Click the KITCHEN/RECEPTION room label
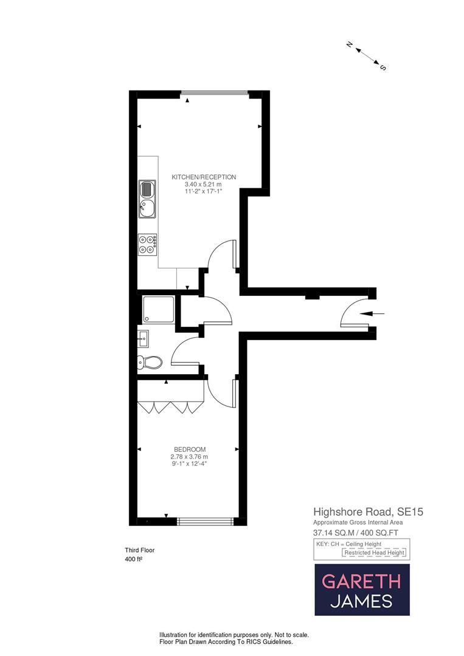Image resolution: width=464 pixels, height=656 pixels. coord(203,177)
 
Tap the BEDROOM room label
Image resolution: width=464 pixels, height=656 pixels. coord(189,449)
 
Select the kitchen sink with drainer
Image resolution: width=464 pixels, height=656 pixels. coord(147,199)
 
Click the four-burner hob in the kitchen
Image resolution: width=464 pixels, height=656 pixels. coord(148,244)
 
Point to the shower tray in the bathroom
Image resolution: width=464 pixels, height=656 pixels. coord(158,310)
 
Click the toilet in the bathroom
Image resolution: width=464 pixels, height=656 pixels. coord(150,363)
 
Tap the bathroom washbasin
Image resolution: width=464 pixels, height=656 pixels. coord(144,337)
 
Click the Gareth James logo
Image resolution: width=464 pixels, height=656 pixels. coord(362,590)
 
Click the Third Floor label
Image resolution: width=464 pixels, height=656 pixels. coord(140,550)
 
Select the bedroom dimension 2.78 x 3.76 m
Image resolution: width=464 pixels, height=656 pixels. coord(189,457)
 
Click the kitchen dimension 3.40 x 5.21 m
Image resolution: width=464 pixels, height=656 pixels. coord(203,184)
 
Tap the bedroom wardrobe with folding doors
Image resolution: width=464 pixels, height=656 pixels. coord(170,405)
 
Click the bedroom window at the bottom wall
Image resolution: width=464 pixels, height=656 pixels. coord(206,521)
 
